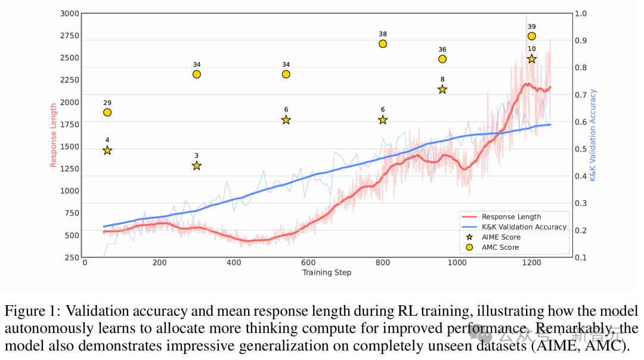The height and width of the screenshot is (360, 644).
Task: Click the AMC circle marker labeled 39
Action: coord(531,36)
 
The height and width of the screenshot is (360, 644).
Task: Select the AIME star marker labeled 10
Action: coord(531,59)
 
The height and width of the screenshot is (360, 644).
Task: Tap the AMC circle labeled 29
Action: coord(107,113)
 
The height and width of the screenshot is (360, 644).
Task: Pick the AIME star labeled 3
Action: coord(196,166)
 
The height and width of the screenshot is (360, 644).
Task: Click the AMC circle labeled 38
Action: coord(383,44)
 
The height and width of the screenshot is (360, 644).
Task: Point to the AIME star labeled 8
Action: coord(442,89)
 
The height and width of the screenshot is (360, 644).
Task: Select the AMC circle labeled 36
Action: coord(442,59)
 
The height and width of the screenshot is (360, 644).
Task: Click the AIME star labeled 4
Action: coord(107,150)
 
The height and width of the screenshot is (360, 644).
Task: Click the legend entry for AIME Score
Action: coord(501,237)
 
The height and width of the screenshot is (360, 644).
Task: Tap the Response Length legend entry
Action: coord(511,216)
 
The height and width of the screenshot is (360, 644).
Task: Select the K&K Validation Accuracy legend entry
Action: coord(524,226)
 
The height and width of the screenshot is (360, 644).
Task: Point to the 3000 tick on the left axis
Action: coord(69,13)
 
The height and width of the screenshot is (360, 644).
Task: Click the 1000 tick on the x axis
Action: coord(457,262)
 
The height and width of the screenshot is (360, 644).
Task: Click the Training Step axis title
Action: coord(327,272)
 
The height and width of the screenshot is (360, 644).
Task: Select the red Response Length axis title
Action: coord(54,135)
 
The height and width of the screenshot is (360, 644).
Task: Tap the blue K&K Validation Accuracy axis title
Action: coord(593,135)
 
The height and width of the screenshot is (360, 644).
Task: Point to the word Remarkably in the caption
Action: coord(572,328)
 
